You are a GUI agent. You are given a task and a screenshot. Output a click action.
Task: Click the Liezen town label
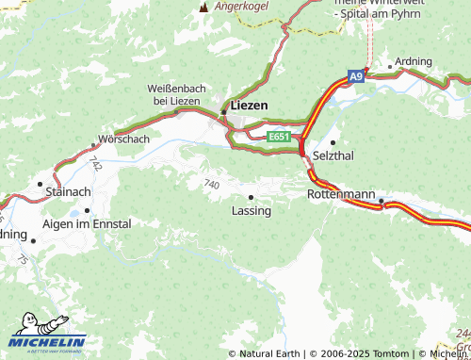pos(250,106)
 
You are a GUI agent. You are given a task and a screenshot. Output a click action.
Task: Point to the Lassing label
pos(252,211)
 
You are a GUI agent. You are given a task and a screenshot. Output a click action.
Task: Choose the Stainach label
pos(68,191)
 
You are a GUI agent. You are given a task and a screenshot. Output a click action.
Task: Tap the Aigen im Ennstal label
pos(88,224)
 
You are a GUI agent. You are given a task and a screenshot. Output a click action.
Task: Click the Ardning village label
pos(414,62)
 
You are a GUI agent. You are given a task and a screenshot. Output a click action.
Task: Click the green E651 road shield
pos(278,138)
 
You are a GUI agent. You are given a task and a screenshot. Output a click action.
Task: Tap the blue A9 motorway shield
pos(355,75)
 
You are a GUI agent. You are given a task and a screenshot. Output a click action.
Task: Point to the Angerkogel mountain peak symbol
pos(202,7)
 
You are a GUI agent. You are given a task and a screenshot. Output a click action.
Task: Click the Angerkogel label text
pos(242,6)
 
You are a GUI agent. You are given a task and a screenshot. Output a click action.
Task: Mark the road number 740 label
pos(210,184)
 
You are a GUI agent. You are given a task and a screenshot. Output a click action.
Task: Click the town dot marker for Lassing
pos(251,197)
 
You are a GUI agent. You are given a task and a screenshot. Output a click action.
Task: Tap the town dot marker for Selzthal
pos(333,141)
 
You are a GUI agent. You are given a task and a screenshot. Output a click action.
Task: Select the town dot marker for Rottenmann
pos(382,201)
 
